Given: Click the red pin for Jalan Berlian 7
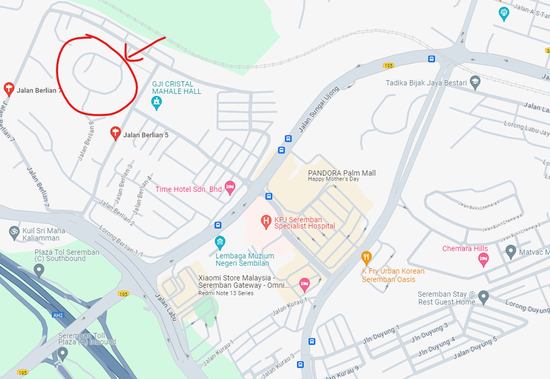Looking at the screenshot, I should point(9,89).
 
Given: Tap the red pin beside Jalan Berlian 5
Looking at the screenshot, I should point(115,133).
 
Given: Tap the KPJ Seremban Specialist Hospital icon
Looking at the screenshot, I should point(266,221).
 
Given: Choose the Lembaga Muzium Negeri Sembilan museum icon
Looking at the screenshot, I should point(219,242).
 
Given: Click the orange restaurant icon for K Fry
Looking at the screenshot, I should point(366,258).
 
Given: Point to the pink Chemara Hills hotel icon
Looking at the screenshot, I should point(483,259).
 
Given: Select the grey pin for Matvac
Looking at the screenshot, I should point(510,251).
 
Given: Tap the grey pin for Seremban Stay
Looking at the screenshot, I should point(483,297).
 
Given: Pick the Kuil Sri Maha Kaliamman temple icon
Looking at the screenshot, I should point(14,231).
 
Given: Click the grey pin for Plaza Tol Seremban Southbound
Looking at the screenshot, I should point(38,269).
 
